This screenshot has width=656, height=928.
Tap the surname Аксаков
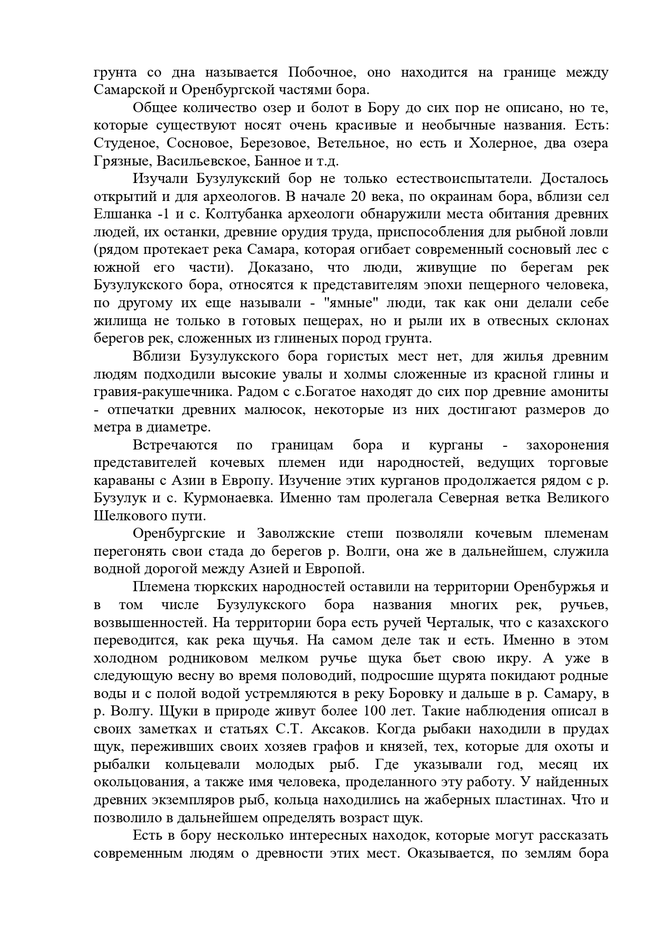[339, 729]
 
